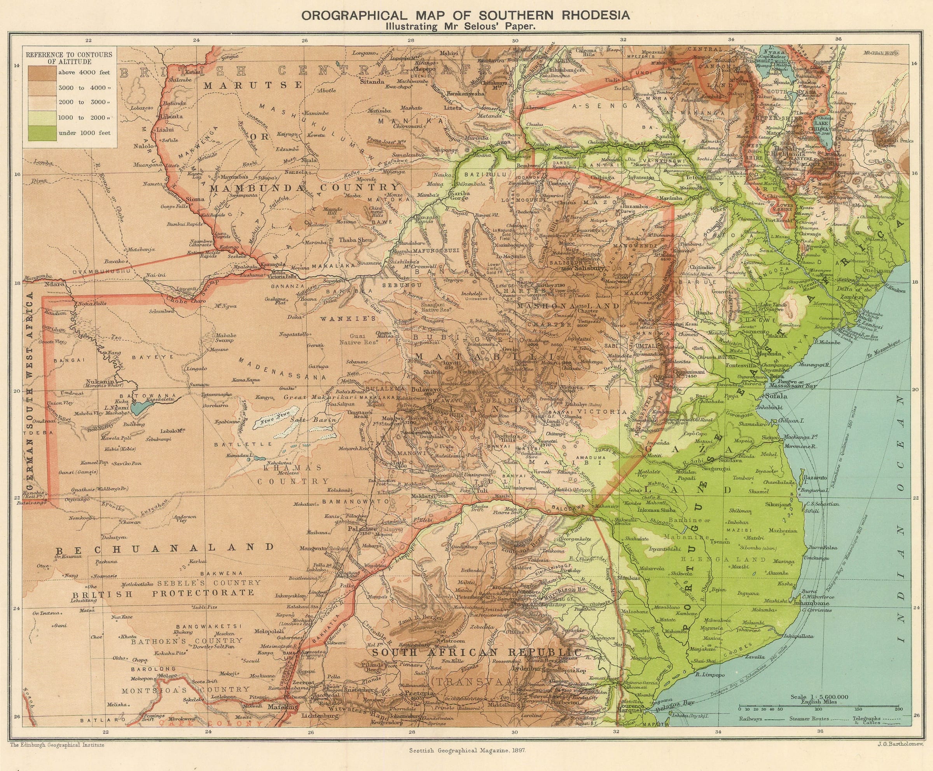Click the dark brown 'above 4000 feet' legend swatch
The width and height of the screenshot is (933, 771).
[43, 72]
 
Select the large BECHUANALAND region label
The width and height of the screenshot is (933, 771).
[164, 547]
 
